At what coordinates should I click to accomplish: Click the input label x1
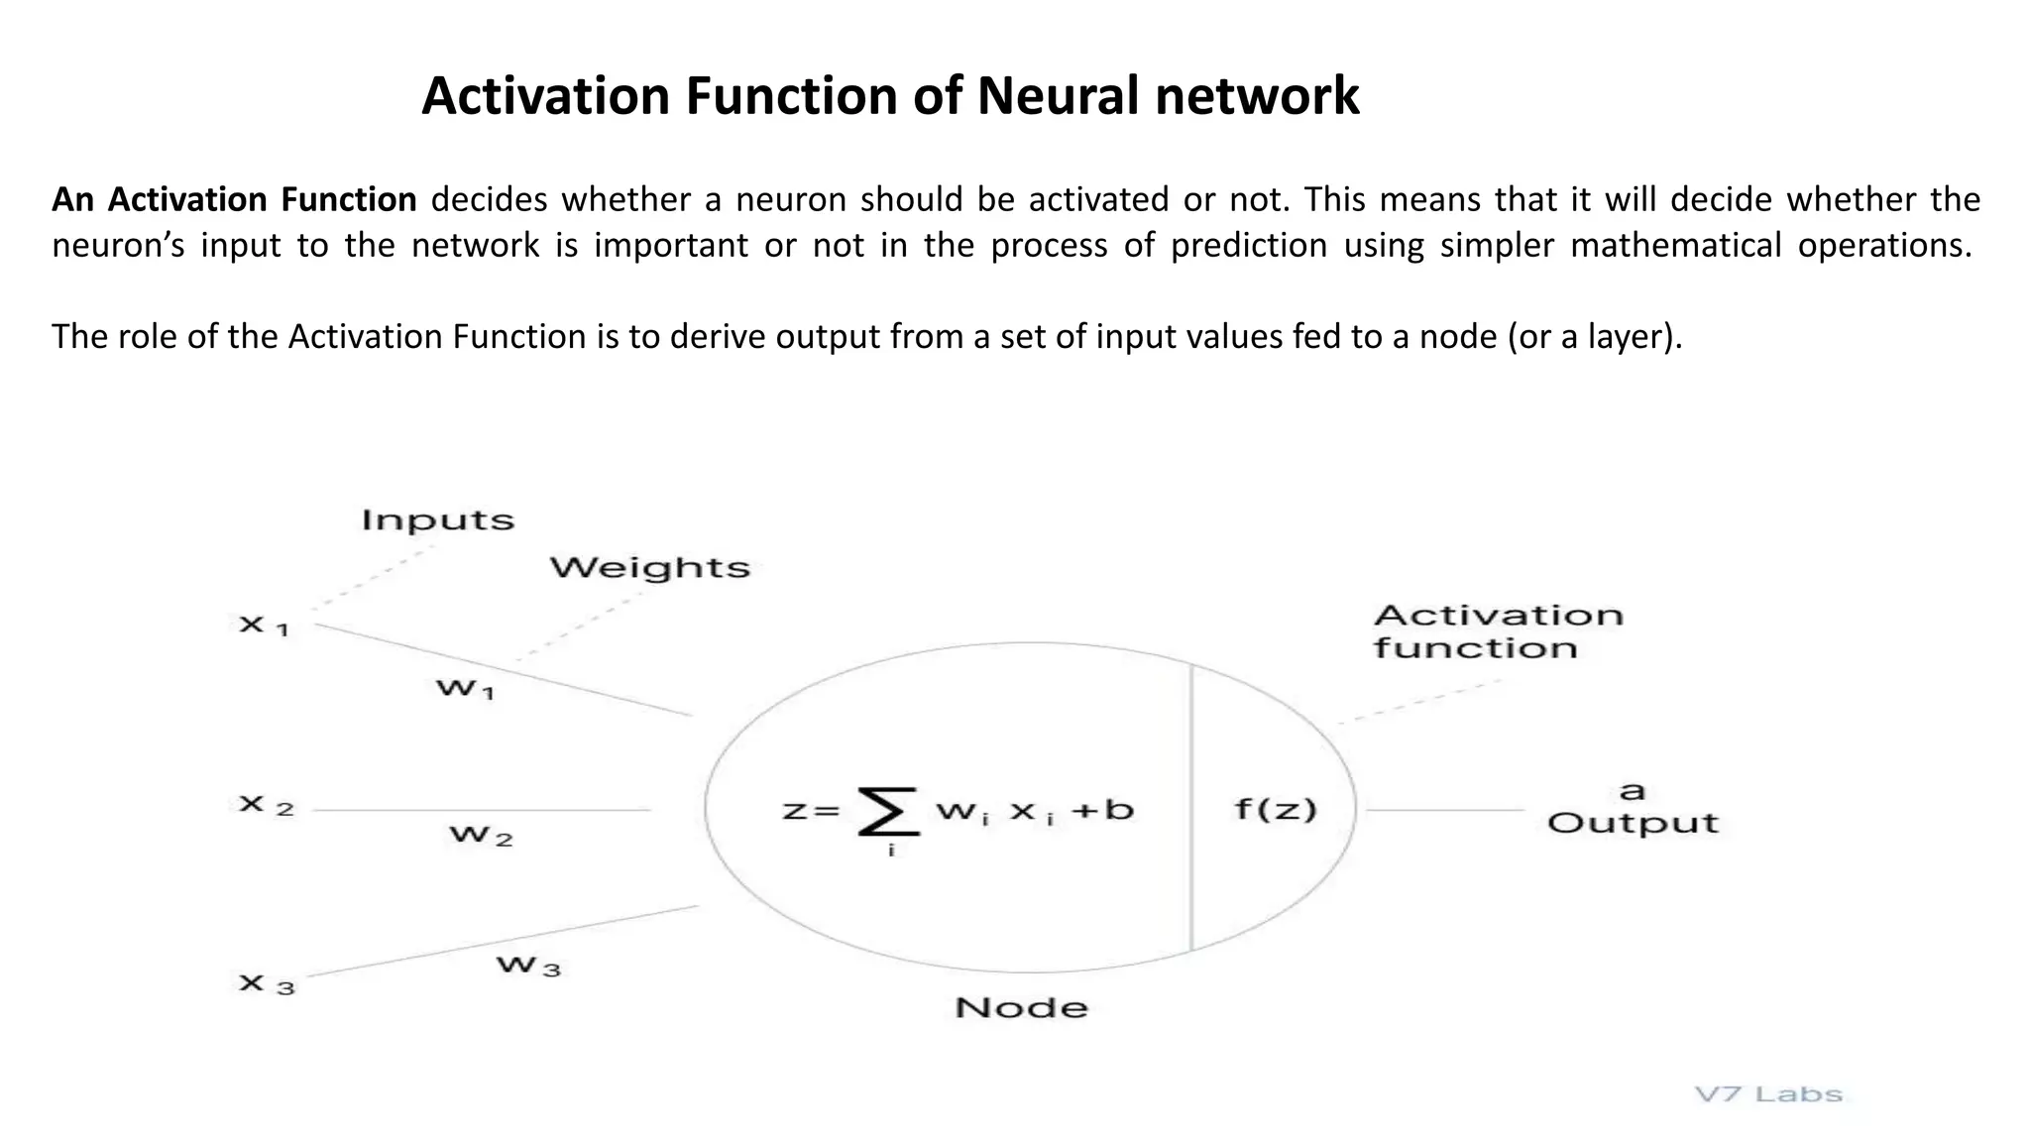click(x=264, y=626)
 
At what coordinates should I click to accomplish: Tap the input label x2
click(x=267, y=805)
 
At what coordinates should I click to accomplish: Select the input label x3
click(x=267, y=984)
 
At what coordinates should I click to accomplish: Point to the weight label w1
click(x=465, y=688)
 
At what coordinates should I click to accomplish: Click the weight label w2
click(x=481, y=836)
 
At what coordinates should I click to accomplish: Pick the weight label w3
click(x=528, y=966)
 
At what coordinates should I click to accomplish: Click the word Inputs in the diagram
click(x=437, y=520)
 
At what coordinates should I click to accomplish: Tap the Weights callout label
click(x=650, y=568)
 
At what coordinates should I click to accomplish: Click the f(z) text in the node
click(x=1276, y=810)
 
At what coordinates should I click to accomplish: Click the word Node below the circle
click(x=1021, y=1008)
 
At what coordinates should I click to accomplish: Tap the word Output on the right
click(x=1633, y=824)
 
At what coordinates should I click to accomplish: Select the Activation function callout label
click(x=1497, y=631)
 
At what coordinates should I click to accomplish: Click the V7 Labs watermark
click(x=1768, y=1095)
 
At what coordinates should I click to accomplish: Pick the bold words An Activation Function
click(x=234, y=200)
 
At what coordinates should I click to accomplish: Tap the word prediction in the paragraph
click(x=1249, y=245)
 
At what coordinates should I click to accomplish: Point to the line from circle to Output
click(x=1444, y=810)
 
